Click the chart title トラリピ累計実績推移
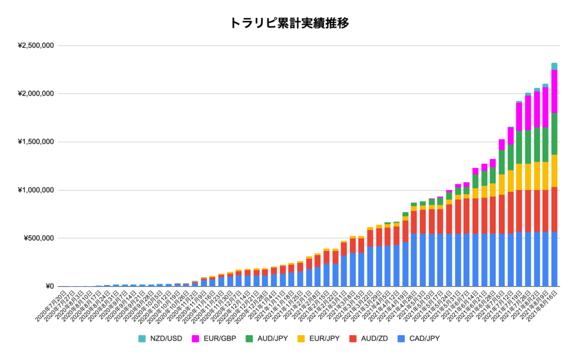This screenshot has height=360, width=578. click(288, 23)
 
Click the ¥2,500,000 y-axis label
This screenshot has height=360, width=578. click(35, 46)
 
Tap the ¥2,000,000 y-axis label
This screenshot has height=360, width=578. click(35, 94)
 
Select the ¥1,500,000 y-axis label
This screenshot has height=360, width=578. click(35, 142)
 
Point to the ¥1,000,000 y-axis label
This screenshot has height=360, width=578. click(35, 190)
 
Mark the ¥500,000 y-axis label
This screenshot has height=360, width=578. click(38, 238)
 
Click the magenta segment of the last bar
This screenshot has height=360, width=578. click(554, 91)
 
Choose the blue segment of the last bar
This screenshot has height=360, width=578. click(554, 259)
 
